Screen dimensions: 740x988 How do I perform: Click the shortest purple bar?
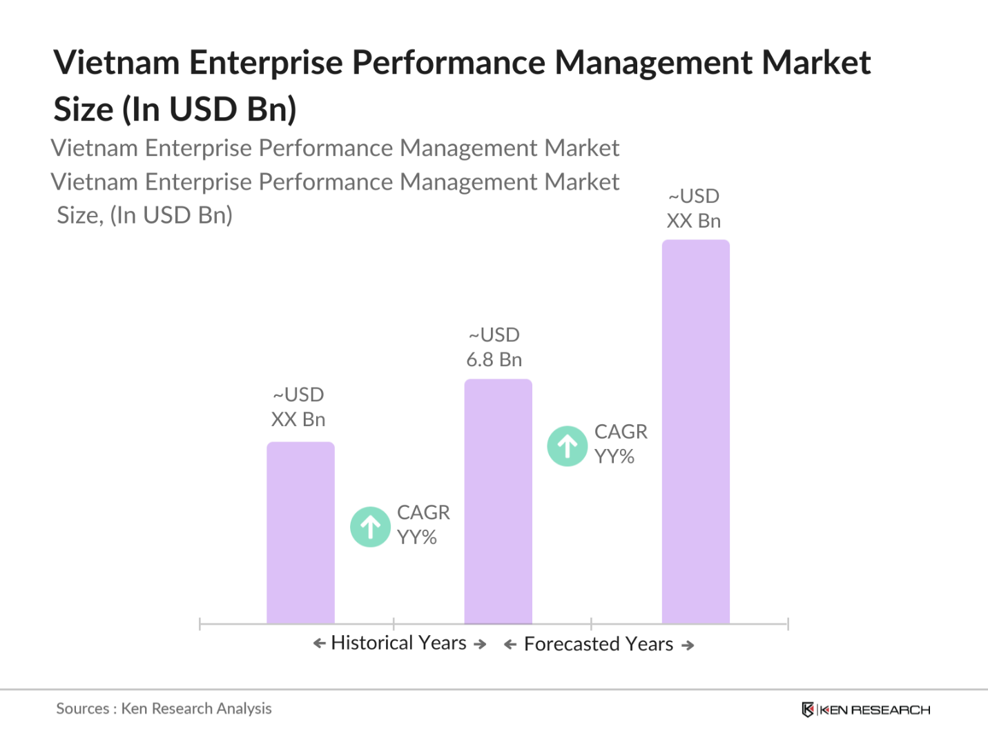[x=300, y=532]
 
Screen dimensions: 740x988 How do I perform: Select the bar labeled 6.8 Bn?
[x=498, y=501]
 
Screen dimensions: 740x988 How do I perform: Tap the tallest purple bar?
[x=695, y=432]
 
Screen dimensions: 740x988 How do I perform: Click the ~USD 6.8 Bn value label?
[x=494, y=348]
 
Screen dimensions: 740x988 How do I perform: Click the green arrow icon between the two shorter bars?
[x=371, y=527]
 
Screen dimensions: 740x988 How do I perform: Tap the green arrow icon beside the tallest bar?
[x=568, y=446]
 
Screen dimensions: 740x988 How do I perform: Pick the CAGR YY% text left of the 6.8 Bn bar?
[x=423, y=525]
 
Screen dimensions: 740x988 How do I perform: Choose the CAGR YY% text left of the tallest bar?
[x=620, y=444]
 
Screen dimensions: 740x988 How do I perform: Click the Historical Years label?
[x=399, y=643]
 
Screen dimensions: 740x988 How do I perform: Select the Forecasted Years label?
[x=599, y=644]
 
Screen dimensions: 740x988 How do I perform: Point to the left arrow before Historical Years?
[x=319, y=643]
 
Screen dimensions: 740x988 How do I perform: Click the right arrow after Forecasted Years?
[x=688, y=646]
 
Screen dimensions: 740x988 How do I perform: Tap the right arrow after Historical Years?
[x=481, y=644]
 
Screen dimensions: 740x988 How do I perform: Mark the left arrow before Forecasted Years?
[x=510, y=645]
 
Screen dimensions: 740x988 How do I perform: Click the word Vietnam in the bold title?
[x=117, y=63]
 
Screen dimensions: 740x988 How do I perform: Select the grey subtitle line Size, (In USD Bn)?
[x=145, y=216]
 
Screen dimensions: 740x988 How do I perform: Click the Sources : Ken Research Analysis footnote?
[x=164, y=709]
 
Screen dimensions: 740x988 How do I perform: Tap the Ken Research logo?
[x=866, y=710]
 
